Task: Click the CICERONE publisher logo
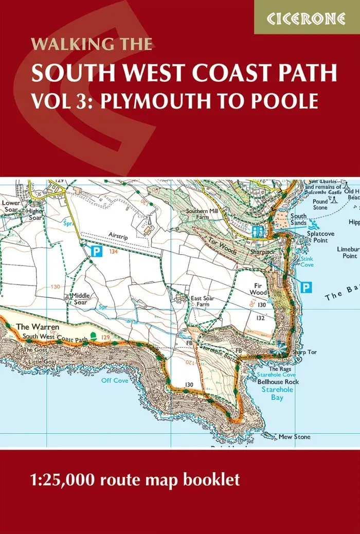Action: pos(307,18)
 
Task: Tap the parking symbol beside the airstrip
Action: pos(96,252)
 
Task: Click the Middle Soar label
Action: pos(81,298)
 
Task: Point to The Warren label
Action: pos(31,327)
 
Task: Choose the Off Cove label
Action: pos(114,380)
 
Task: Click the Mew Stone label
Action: pos(294,437)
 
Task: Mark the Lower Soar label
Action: pos(10,207)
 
